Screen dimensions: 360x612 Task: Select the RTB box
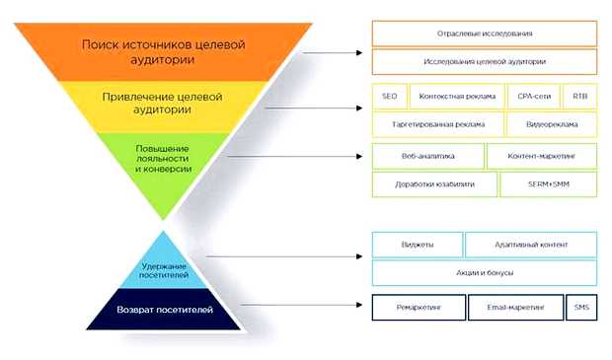(x=579, y=97)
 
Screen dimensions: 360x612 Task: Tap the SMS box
(x=581, y=308)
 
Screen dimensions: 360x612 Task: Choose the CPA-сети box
(x=534, y=97)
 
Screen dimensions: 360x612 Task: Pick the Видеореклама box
(x=550, y=125)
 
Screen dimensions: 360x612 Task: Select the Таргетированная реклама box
(x=436, y=125)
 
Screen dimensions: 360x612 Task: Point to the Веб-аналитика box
(x=427, y=156)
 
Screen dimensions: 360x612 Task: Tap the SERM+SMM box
(x=549, y=184)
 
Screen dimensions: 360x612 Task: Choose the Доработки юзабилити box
(x=434, y=184)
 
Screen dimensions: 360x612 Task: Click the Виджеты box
(x=417, y=244)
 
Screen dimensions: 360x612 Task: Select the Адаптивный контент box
(x=531, y=244)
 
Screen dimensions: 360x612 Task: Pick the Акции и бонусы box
(x=485, y=272)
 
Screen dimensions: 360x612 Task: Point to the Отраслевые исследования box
(x=485, y=33)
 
